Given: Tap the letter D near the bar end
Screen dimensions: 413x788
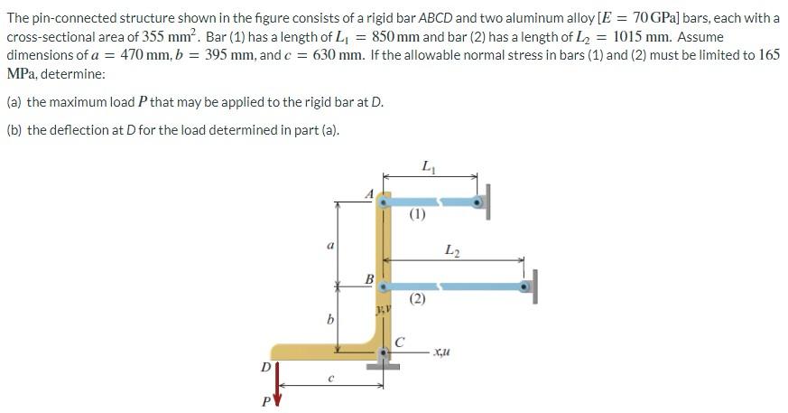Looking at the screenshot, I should (x=264, y=367).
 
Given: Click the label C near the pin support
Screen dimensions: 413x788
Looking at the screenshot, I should (x=398, y=342).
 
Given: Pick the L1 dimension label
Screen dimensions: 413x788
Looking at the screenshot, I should (x=426, y=165).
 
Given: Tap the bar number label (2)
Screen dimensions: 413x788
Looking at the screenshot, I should (x=416, y=299).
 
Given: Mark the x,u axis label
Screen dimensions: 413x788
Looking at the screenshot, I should (x=442, y=352).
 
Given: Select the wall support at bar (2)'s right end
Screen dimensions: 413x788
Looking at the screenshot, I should (x=534, y=286).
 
